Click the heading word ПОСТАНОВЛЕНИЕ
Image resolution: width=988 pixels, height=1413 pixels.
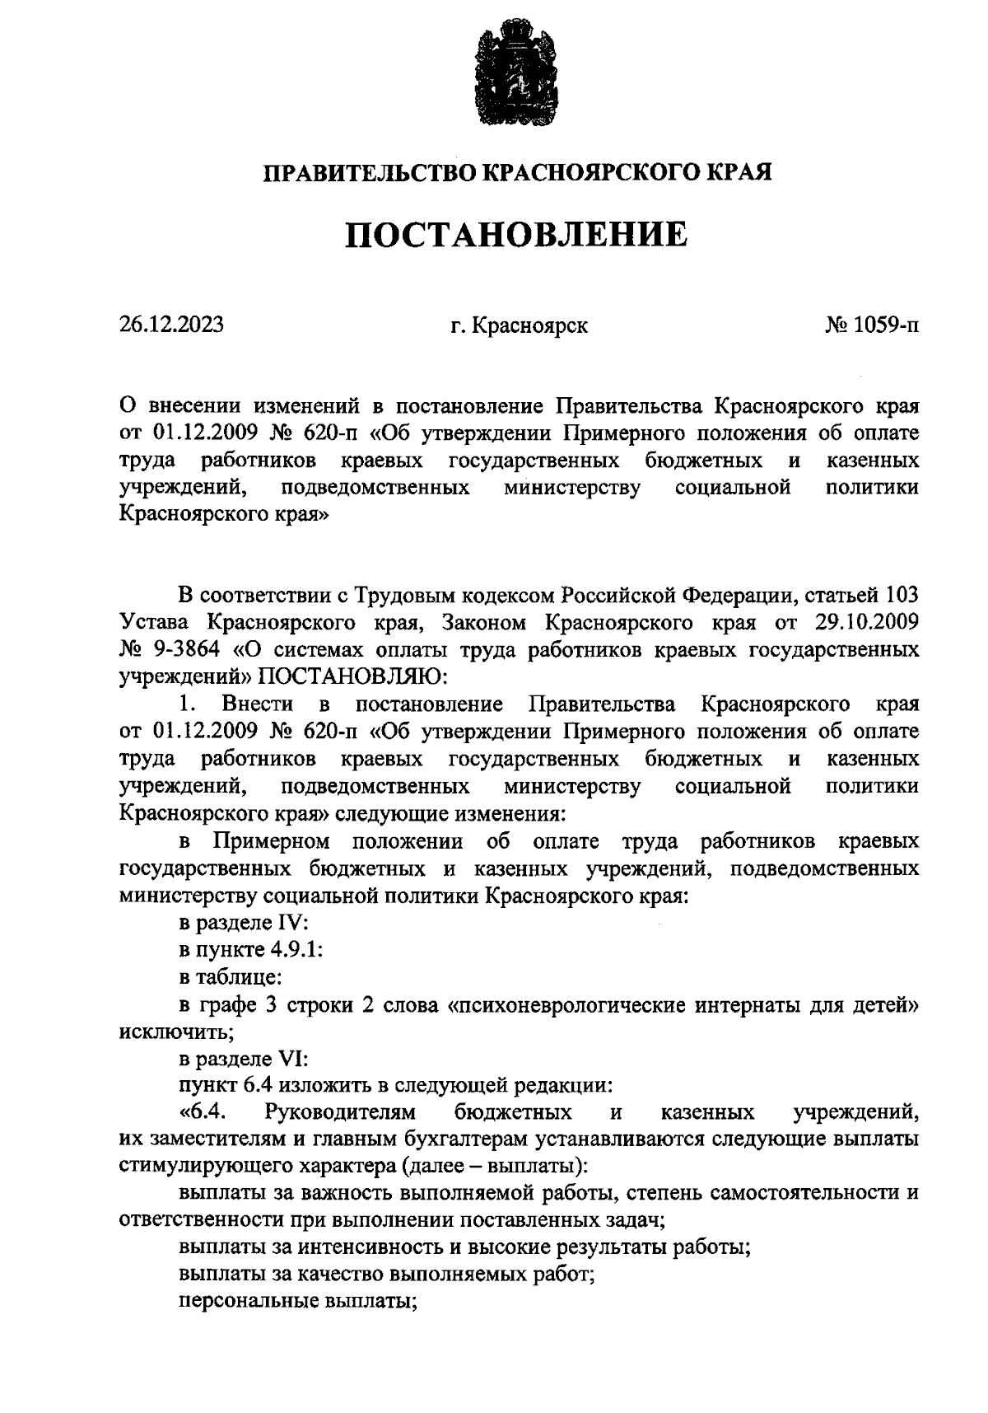click(515, 235)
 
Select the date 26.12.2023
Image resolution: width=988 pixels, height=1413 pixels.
click(171, 325)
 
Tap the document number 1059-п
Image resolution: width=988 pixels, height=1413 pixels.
click(886, 325)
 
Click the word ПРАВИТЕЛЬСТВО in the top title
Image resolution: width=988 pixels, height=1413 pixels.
click(369, 173)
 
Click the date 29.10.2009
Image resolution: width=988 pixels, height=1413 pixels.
click(864, 622)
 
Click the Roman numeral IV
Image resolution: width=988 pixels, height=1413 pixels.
click(291, 923)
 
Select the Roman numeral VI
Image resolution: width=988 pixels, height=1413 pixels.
click(291, 1059)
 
